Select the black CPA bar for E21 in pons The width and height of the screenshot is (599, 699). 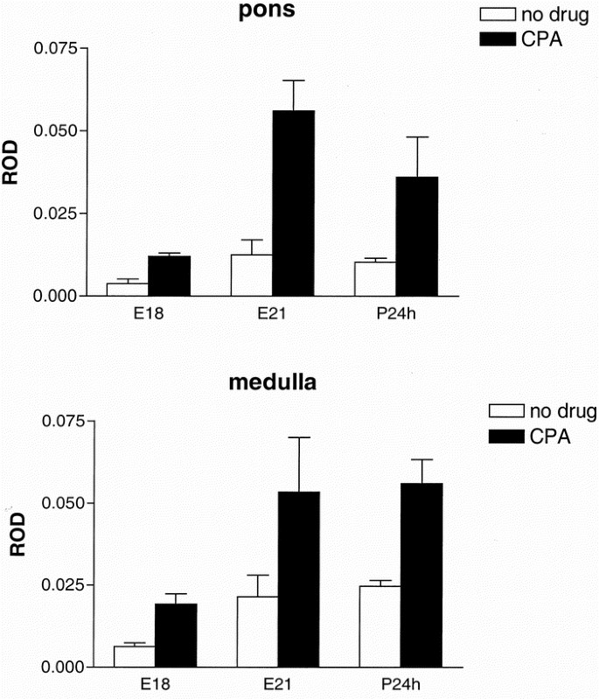(293, 203)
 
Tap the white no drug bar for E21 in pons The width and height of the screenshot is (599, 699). (251, 275)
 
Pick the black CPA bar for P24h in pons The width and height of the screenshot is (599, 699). (417, 236)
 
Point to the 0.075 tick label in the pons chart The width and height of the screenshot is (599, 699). (54, 47)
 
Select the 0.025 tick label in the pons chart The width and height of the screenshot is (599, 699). (54, 213)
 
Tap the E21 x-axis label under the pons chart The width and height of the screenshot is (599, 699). (270, 313)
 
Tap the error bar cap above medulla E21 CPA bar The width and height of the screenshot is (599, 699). (299, 437)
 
